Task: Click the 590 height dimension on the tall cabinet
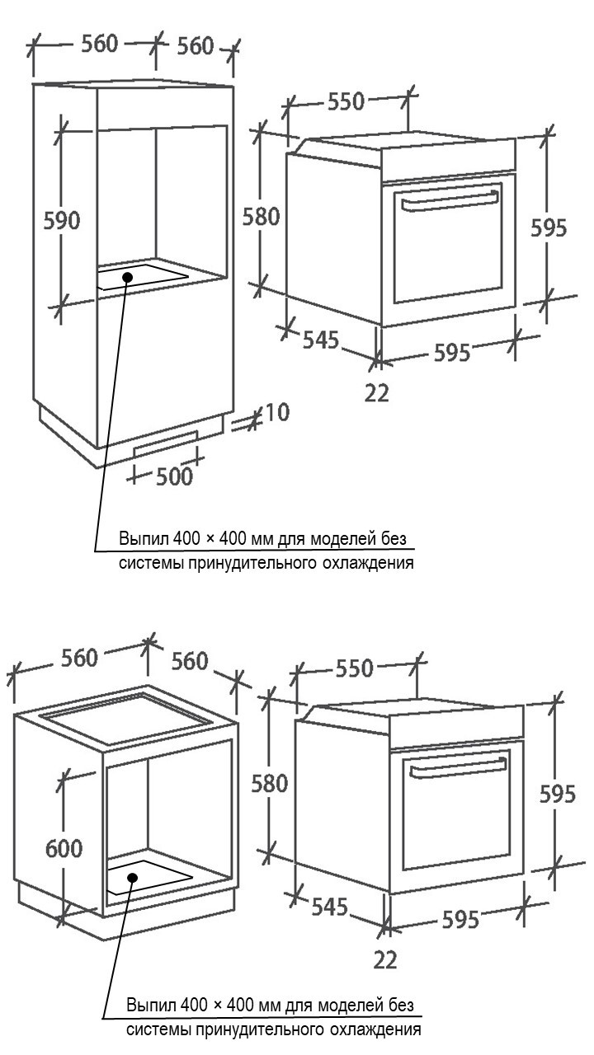(62, 220)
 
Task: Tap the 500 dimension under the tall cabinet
(174, 476)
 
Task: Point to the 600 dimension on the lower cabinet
(64, 848)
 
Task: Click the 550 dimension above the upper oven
(346, 101)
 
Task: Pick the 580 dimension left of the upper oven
(262, 217)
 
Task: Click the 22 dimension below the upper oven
(377, 393)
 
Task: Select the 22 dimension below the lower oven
(385, 959)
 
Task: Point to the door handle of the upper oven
(450, 201)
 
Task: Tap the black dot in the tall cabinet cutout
(127, 277)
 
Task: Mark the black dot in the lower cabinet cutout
(133, 878)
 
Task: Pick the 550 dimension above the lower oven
(355, 668)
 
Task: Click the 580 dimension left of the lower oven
(270, 783)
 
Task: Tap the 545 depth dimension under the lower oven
(329, 906)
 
